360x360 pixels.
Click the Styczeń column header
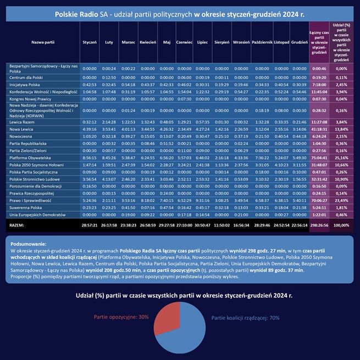tap(89, 42)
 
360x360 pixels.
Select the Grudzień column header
tap(300, 42)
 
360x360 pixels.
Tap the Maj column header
tap(167, 42)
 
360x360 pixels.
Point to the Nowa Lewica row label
tap(22, 129)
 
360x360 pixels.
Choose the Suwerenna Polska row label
tap(25, 207)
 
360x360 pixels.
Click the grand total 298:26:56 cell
tap(319, 225)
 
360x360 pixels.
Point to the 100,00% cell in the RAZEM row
tap(341, 225)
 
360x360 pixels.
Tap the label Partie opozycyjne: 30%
tap(121, 317)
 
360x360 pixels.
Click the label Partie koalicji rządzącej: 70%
tap(246, 318)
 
